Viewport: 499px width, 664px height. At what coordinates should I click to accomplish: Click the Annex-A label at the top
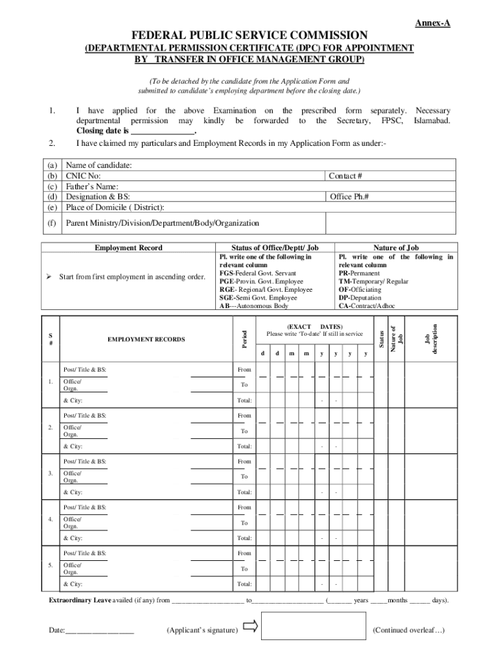[432, 23]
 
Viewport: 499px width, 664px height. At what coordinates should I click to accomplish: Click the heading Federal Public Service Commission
[250, 35]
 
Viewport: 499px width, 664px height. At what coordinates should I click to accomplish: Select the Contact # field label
[345, 176]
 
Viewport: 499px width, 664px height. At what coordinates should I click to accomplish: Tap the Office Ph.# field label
[349, 196]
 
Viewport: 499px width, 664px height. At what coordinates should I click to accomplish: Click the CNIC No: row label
[84, 176]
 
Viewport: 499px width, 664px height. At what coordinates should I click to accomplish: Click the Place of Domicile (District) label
[115, 207]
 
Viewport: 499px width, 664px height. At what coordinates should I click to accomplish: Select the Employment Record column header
[128, 248]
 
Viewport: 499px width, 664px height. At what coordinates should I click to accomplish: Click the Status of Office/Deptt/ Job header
[275, 248]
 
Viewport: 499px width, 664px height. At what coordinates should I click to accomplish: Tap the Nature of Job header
[396, 248]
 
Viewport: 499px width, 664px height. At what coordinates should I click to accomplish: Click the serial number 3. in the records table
[51, 473]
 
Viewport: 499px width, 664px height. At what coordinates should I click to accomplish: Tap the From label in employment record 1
[244, 370]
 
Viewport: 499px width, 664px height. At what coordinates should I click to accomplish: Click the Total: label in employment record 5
[244, 584]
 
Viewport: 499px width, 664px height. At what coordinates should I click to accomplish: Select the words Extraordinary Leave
[80, 600]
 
